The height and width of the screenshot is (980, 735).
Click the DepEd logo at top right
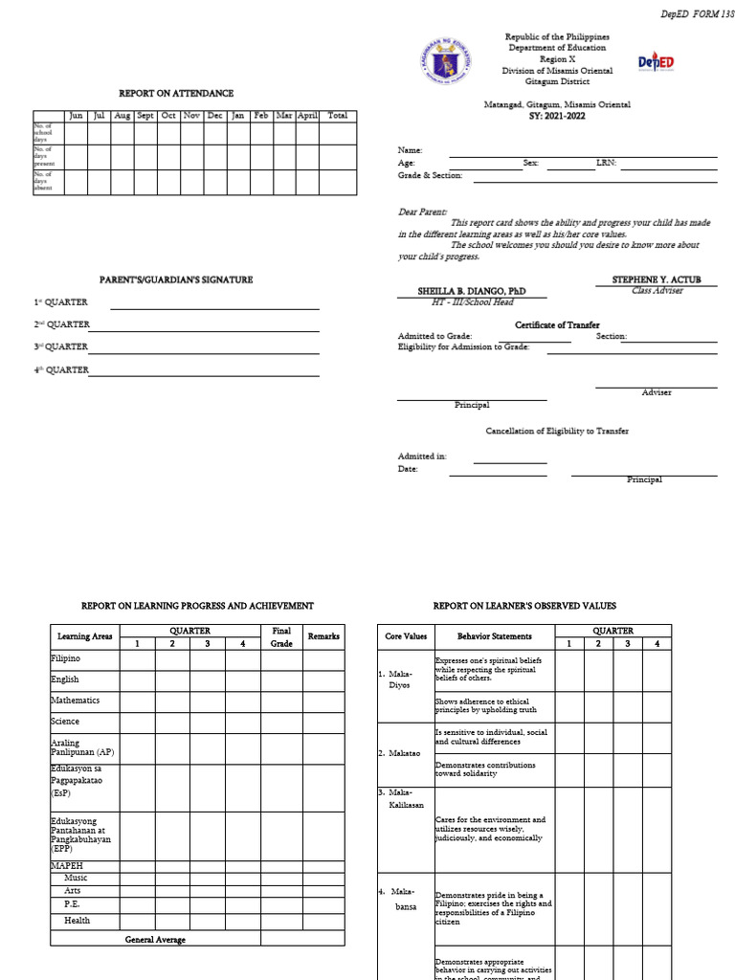pos(657,62)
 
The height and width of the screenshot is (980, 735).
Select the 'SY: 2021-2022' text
pos(556,117)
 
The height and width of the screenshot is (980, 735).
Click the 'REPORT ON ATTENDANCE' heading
pos(176,94)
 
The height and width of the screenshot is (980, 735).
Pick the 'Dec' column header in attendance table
pos(214,116)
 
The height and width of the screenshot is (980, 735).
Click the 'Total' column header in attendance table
pos(337,116)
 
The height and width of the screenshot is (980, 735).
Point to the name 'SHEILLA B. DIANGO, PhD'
pos(472,291)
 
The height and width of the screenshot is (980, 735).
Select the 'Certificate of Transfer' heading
pos(557,325)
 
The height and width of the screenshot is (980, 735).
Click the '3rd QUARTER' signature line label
pos(61,346)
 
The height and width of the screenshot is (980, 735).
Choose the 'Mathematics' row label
pos(75,701)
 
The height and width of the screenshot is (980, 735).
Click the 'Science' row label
pos(65,722)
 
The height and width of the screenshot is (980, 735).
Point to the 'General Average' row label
pos(155,940)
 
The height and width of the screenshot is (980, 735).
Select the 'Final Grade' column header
pos(281,636)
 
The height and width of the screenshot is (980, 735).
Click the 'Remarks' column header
pos(323,636)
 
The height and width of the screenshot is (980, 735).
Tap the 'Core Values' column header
pos(406,636)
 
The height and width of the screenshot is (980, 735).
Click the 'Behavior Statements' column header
pos(495,636)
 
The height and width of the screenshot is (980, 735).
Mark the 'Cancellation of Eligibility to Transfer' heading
pos(557,432)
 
